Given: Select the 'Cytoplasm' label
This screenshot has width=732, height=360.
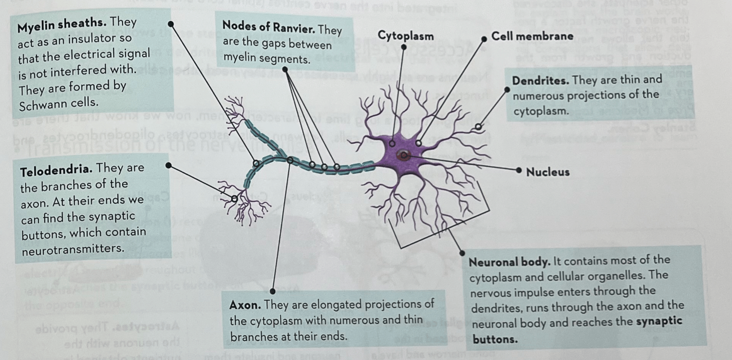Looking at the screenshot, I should pyautogui.click(x=406, y=36).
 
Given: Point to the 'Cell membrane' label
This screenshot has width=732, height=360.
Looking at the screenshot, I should pyautogui.click(x=532, y=36).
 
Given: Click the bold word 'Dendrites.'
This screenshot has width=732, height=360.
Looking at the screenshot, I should pyautogui.click(x=541, y=81).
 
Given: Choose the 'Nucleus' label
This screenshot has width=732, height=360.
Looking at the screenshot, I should pyautogui.click(x=548, y=172).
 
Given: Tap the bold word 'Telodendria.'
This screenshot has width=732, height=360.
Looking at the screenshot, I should pyautogui.click(x=57, y=168).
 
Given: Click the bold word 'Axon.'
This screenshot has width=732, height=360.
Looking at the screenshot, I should pyautogui.click(x=246, y=305).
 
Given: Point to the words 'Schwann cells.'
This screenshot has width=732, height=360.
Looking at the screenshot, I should pyautogui.click(x=58, y=103).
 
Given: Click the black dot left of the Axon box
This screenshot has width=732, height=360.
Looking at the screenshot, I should pyautogui.click(x=273, y=291).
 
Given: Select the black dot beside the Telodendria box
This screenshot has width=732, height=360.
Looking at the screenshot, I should pyautogui.click(x=167, y=165).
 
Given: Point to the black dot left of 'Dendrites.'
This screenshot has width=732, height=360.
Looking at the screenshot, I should pyautogui.click(x=507, y=89).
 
